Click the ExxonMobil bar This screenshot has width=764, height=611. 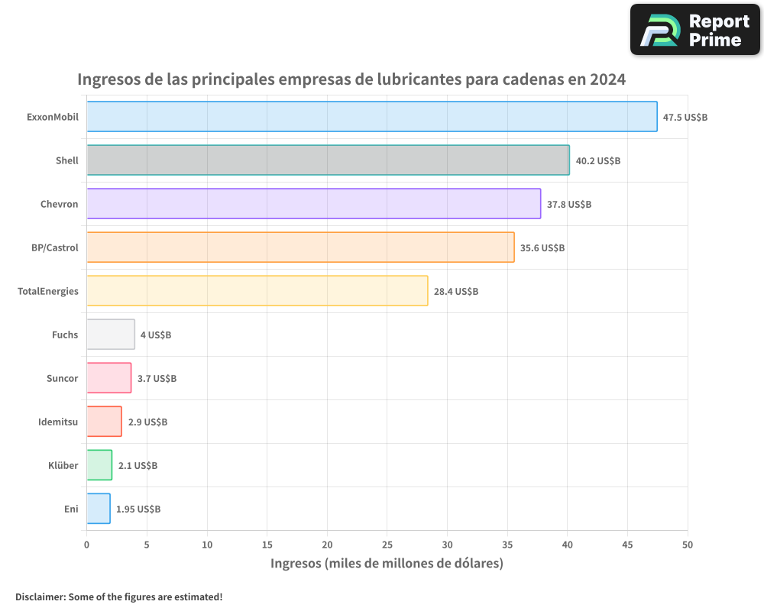pos(371,117)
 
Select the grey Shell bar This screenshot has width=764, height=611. pos(328,160)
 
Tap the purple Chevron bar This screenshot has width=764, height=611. pos(313,204)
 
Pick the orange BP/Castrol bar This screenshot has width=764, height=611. pos(300,247)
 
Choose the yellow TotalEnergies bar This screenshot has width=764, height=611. pos(257,291)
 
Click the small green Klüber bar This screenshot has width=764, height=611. pos(99,465)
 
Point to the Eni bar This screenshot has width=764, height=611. pos(99,509)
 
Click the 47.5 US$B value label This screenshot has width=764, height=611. pos(685,118)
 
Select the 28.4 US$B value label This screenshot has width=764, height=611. pos(456,292)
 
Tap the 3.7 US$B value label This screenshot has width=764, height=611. pos(157,379)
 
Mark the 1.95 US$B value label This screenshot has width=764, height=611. pos(138,509)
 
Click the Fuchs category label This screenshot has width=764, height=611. pos(65,335)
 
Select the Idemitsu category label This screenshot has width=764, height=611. pos(58,422)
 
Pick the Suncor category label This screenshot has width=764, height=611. pos(63,378)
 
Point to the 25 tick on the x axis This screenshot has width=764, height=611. pos(387,545)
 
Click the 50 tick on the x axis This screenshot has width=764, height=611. pos(687,545)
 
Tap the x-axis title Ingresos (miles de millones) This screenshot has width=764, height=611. pos(387,564)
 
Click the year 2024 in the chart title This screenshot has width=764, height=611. pos(607,79)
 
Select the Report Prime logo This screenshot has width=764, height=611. pos(694,30)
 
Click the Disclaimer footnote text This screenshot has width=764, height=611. pos(119,596)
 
